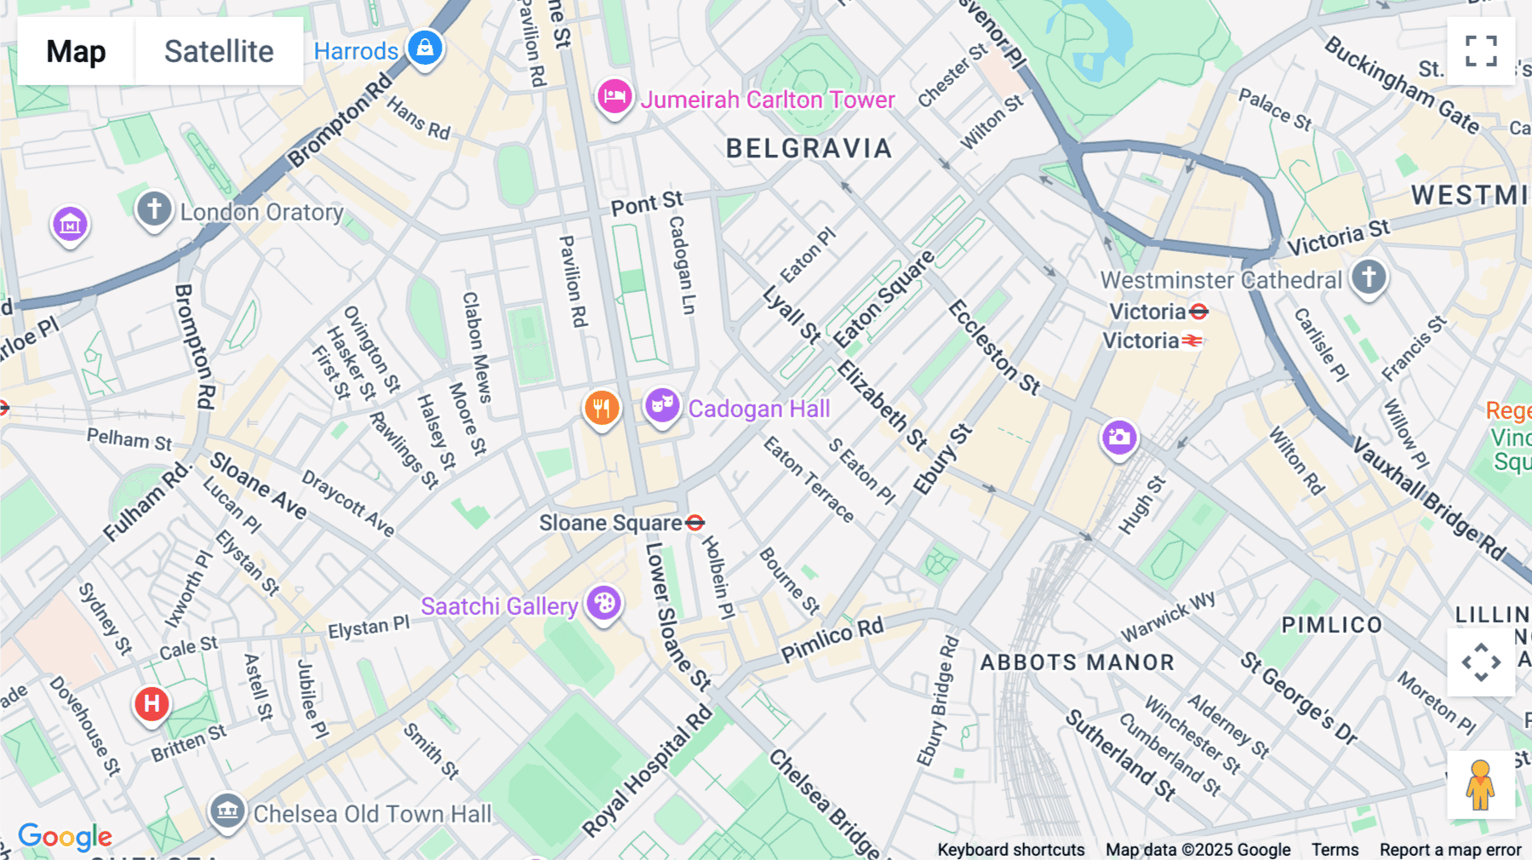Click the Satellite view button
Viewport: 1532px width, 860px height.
click(219, 51)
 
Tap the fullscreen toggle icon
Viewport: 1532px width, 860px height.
click(1481, 51)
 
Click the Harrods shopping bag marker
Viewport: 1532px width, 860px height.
click(425, 48)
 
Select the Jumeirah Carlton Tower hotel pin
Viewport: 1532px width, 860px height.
click(614, 97)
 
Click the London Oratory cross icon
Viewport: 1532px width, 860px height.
click(154, 209)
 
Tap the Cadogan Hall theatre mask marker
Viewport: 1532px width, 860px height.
click(661, 406)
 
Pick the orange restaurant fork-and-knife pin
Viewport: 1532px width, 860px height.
click(601, 408)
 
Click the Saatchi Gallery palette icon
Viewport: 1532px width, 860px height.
click(603, 604)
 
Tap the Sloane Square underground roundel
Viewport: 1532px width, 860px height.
click(695, 523)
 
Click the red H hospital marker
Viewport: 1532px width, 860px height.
click(151, 704)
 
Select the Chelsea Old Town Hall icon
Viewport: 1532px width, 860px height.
click(227, 811)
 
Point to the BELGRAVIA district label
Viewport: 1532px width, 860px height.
click(809, 149)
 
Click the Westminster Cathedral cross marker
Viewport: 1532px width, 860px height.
click(1369, 277)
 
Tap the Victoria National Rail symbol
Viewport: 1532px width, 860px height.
click(1192, 341)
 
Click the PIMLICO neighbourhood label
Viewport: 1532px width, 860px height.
click(1332, 625)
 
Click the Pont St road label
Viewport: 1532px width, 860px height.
click(647, 204)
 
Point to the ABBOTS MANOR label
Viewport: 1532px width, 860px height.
click(1077, 662)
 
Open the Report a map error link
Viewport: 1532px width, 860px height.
click(1449, 850)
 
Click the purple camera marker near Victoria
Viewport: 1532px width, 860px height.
click(1119, 438)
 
